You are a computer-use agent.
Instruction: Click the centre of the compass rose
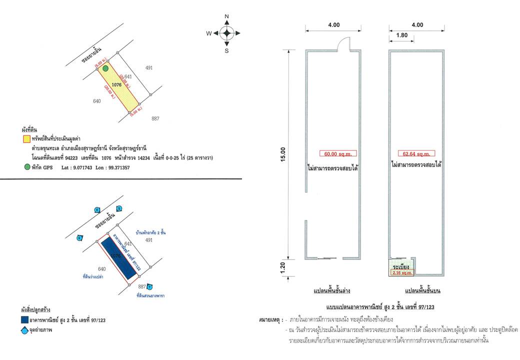[226, 33]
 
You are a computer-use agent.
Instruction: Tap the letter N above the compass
[226, 17]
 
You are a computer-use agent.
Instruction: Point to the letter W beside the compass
[209, 33]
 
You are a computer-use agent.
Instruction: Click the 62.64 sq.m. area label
[416, 153]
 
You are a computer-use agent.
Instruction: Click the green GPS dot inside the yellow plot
[106, 68]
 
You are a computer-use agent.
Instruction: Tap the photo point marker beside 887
[149, 286]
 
